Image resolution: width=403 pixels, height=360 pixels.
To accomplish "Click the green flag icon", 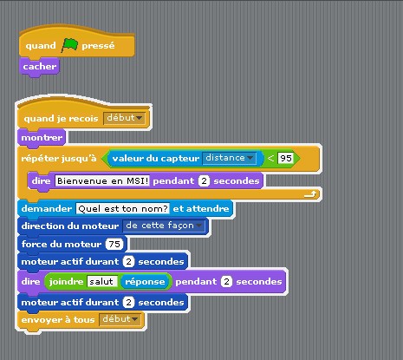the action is click(69, 45).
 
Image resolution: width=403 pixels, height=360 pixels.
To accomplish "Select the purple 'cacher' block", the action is click(39, 67).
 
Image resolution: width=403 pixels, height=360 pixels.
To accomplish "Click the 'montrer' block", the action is click(42, 138).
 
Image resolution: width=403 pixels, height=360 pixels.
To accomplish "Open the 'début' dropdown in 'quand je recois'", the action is click(124, 118).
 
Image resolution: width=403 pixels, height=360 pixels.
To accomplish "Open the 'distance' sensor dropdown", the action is click(229, 158).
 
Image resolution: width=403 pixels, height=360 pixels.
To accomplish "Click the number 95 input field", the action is click(286, 158).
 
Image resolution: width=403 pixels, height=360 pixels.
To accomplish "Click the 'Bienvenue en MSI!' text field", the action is click(102, 181).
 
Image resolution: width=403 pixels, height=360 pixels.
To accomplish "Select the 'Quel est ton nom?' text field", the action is click(123, 208).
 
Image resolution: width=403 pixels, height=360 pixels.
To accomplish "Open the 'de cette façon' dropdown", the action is click(164, 226).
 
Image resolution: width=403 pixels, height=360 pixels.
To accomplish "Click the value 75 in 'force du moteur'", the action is click(114, 244).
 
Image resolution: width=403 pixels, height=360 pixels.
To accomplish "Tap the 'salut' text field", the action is click(102, 281).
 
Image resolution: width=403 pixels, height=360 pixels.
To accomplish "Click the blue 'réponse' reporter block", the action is click(145, 282).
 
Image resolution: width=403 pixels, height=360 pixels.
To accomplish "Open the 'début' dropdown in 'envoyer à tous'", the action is click(120, 319).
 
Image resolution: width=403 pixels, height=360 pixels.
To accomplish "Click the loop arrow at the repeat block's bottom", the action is click(310, 194).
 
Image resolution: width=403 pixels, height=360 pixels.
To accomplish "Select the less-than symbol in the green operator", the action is click(270, 158).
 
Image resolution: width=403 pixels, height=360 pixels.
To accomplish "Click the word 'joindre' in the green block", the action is click(66, 282).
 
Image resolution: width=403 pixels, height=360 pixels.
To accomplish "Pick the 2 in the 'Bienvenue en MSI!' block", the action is click(204, 181).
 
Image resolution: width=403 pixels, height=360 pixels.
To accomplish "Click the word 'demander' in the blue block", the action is click(47, 208).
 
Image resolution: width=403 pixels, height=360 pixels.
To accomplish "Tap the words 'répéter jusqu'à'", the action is click(59, 158).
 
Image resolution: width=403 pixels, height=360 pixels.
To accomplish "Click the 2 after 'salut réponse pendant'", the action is click(226, 282).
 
